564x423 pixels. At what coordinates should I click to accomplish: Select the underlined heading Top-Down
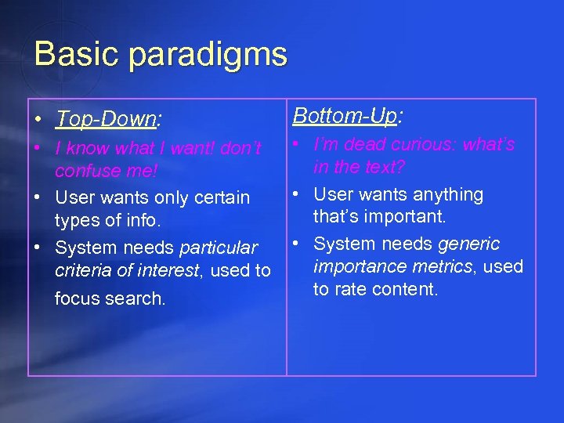click(x=106, y=119)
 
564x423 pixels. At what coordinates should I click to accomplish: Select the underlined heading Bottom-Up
click(x=345, y=116)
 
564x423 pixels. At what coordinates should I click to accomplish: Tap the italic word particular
click(x=219, y=248)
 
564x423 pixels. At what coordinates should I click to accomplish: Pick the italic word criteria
click(x=82, y=271)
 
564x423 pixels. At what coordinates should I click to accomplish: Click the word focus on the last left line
click(x=78, y=298)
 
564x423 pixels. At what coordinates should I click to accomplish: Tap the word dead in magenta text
click(x=366, y=144)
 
